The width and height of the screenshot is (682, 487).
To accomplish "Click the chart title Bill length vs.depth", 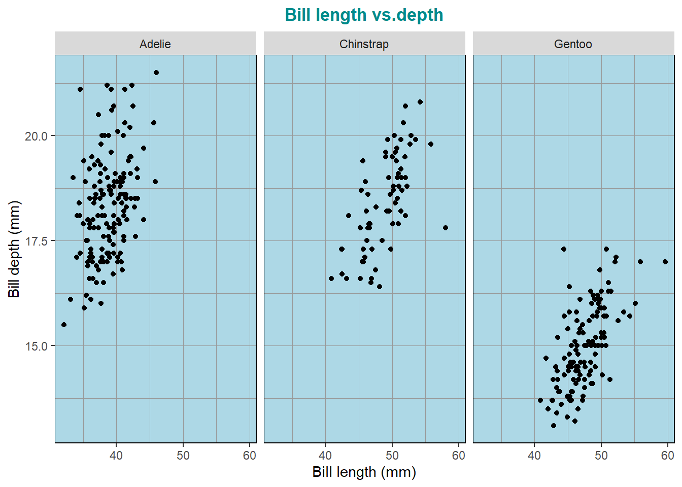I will click(x=364, y=15).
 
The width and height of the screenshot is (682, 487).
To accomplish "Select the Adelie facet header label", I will click(x=155, y=44).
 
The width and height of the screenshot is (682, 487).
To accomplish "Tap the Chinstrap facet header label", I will click(x=364, y=44).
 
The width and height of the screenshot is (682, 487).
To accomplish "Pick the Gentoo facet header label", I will click(x=573, y=44).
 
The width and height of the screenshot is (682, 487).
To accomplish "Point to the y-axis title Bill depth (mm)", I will click(x=14, y=249).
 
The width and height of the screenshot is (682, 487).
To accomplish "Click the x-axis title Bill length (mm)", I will click(x=364, y=472).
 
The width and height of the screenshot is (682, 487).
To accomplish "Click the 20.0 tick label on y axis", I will click(x=36, y=136).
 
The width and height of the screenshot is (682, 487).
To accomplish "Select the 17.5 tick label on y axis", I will click(x=36, y=241).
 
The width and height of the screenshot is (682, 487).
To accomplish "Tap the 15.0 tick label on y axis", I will click(x=36, y=346).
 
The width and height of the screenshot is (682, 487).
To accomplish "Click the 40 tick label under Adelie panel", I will click(x=116, y=456).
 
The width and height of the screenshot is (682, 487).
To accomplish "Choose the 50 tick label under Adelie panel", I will click(x=183, y=456).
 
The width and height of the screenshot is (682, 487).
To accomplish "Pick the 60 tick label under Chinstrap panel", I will click(x=459, y=456).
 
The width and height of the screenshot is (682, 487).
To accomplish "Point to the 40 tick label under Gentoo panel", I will click(x=534, y=456).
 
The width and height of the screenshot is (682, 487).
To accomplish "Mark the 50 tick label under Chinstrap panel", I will click(x=392, y=456).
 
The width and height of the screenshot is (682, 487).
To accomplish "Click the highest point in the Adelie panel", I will click(x=156, y=73).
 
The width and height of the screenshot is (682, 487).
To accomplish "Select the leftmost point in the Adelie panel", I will click(x=64, y=325).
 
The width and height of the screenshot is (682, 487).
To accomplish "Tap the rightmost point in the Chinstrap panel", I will click(x=446, y=228).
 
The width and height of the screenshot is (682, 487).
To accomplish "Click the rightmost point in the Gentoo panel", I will click(x=665, y=262).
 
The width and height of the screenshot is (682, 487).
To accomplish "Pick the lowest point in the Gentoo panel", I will click(x=554, y=426).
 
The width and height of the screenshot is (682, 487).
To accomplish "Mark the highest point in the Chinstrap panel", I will click(x=420, y=102).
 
